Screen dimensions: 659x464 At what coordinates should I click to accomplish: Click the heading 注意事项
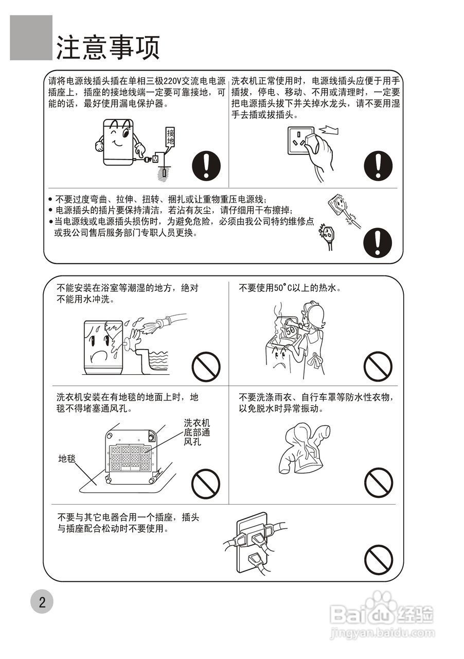tap(108, 47)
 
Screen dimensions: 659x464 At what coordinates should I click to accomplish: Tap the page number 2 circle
tap(42, 602)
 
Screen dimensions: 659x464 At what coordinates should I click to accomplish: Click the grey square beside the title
tap(31, 38)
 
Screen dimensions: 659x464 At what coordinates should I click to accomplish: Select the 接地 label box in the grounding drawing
tap(170, 137)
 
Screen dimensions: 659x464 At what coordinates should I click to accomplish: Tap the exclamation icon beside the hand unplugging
tap(378, 165)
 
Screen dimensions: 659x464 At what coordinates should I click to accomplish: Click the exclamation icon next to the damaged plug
tap(378, 242)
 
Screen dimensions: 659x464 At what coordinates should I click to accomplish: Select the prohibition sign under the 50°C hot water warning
tap(378, 367)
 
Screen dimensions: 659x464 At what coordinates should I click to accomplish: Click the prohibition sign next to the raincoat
tap(378, 482)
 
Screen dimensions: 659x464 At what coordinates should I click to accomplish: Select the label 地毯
tap(67, 458)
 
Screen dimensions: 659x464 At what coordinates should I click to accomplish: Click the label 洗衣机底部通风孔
tap(197, 432)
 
